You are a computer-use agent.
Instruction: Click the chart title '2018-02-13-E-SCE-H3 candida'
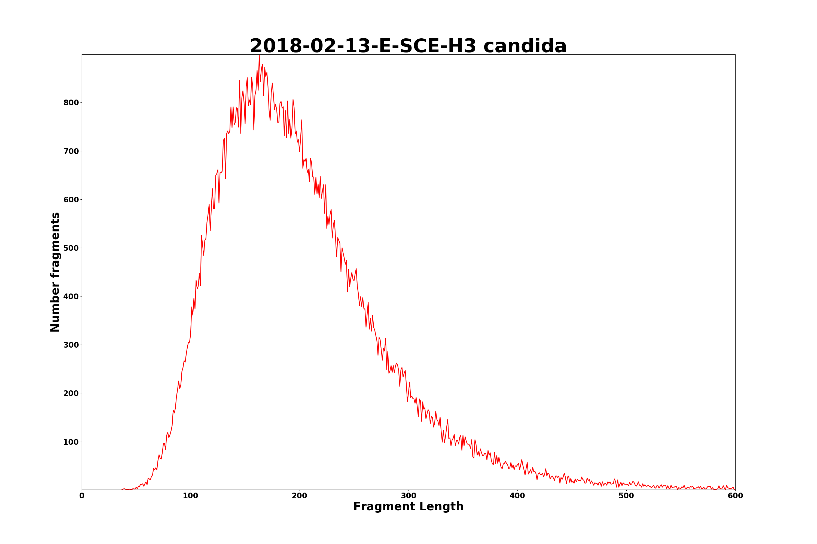[x=408, y=46]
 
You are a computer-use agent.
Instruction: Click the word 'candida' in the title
[x=525, y=46]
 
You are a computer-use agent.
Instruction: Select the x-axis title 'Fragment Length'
[x=408, y=506]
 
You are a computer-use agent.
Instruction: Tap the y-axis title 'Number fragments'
[x=55, y=272]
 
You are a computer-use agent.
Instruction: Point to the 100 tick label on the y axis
[x=71, y=442]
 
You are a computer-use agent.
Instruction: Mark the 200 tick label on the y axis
[x=71, y=393]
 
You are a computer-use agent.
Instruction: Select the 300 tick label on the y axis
[x=71, y=345]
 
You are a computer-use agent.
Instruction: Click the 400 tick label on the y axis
[x=71, y=297]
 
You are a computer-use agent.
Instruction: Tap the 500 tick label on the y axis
[x=71, y=248]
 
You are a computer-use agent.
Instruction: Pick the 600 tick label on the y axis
[x=71, y=199]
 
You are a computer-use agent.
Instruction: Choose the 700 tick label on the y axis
[x=71, y=151]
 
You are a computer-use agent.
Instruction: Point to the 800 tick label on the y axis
[x=71, y=103]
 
